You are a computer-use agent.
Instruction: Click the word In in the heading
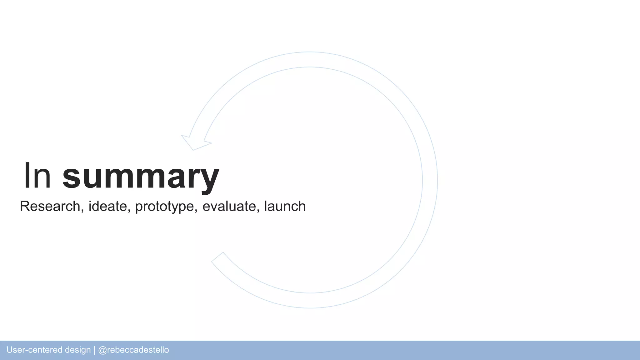pos(37,176)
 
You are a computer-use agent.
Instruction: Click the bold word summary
pos(141,177)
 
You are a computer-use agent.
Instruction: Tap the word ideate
pos(107,206)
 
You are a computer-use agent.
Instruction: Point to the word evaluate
pos(229,206)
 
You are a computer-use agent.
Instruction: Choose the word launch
pos(285,206)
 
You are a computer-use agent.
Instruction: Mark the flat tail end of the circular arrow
pos(217,257)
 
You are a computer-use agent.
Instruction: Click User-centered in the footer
pos(34,350)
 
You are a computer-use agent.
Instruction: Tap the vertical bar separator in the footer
pos(94,350)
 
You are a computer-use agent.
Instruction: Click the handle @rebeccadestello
pos(133,350)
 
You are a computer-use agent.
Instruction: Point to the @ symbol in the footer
pos(102,350)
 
